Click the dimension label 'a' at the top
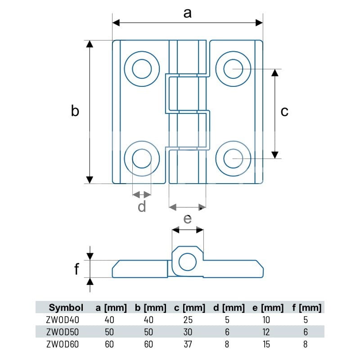187,13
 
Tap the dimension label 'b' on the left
75,111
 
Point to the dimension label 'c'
284,112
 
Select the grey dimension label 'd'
142,206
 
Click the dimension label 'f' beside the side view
76,269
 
